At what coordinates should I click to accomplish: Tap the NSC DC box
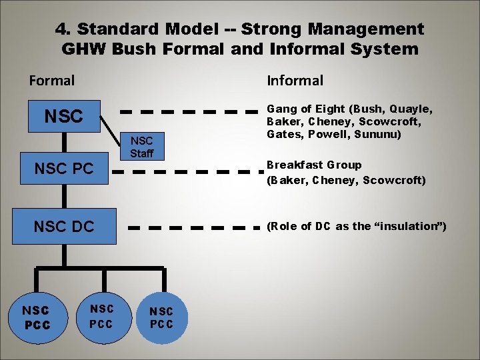click(x=64, y=226)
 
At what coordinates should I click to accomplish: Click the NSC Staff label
click(x=141, y=147)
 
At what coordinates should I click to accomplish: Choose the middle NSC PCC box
click(x=101, y=315)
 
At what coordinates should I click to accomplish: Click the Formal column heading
click(x=52, y=81)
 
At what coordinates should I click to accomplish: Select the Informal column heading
click(x=295, y=81)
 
